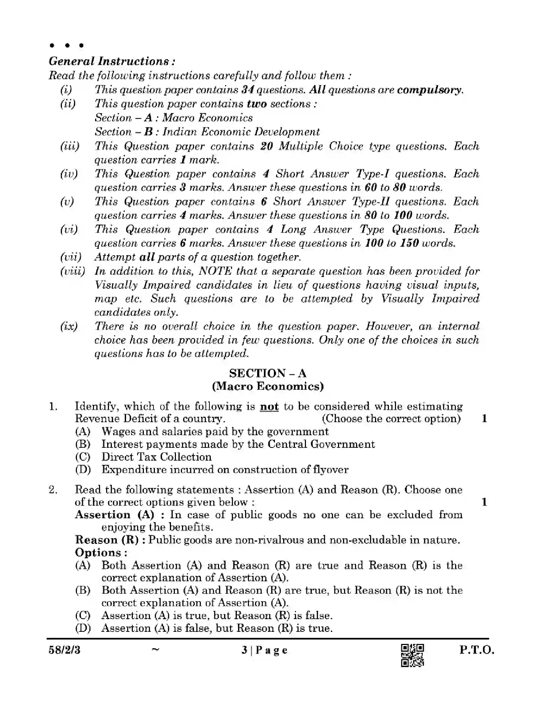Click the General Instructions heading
112,61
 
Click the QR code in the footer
412,655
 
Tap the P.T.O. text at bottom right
477,650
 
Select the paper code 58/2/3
64,650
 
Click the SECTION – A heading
267,373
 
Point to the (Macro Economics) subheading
267,386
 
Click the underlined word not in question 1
269,406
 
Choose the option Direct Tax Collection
156,457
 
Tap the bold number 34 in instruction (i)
247,90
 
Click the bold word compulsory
430,90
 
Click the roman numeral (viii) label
72,271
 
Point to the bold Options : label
101,552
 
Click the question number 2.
53,490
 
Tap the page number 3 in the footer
244,650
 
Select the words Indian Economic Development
241,132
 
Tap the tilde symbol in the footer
155,649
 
